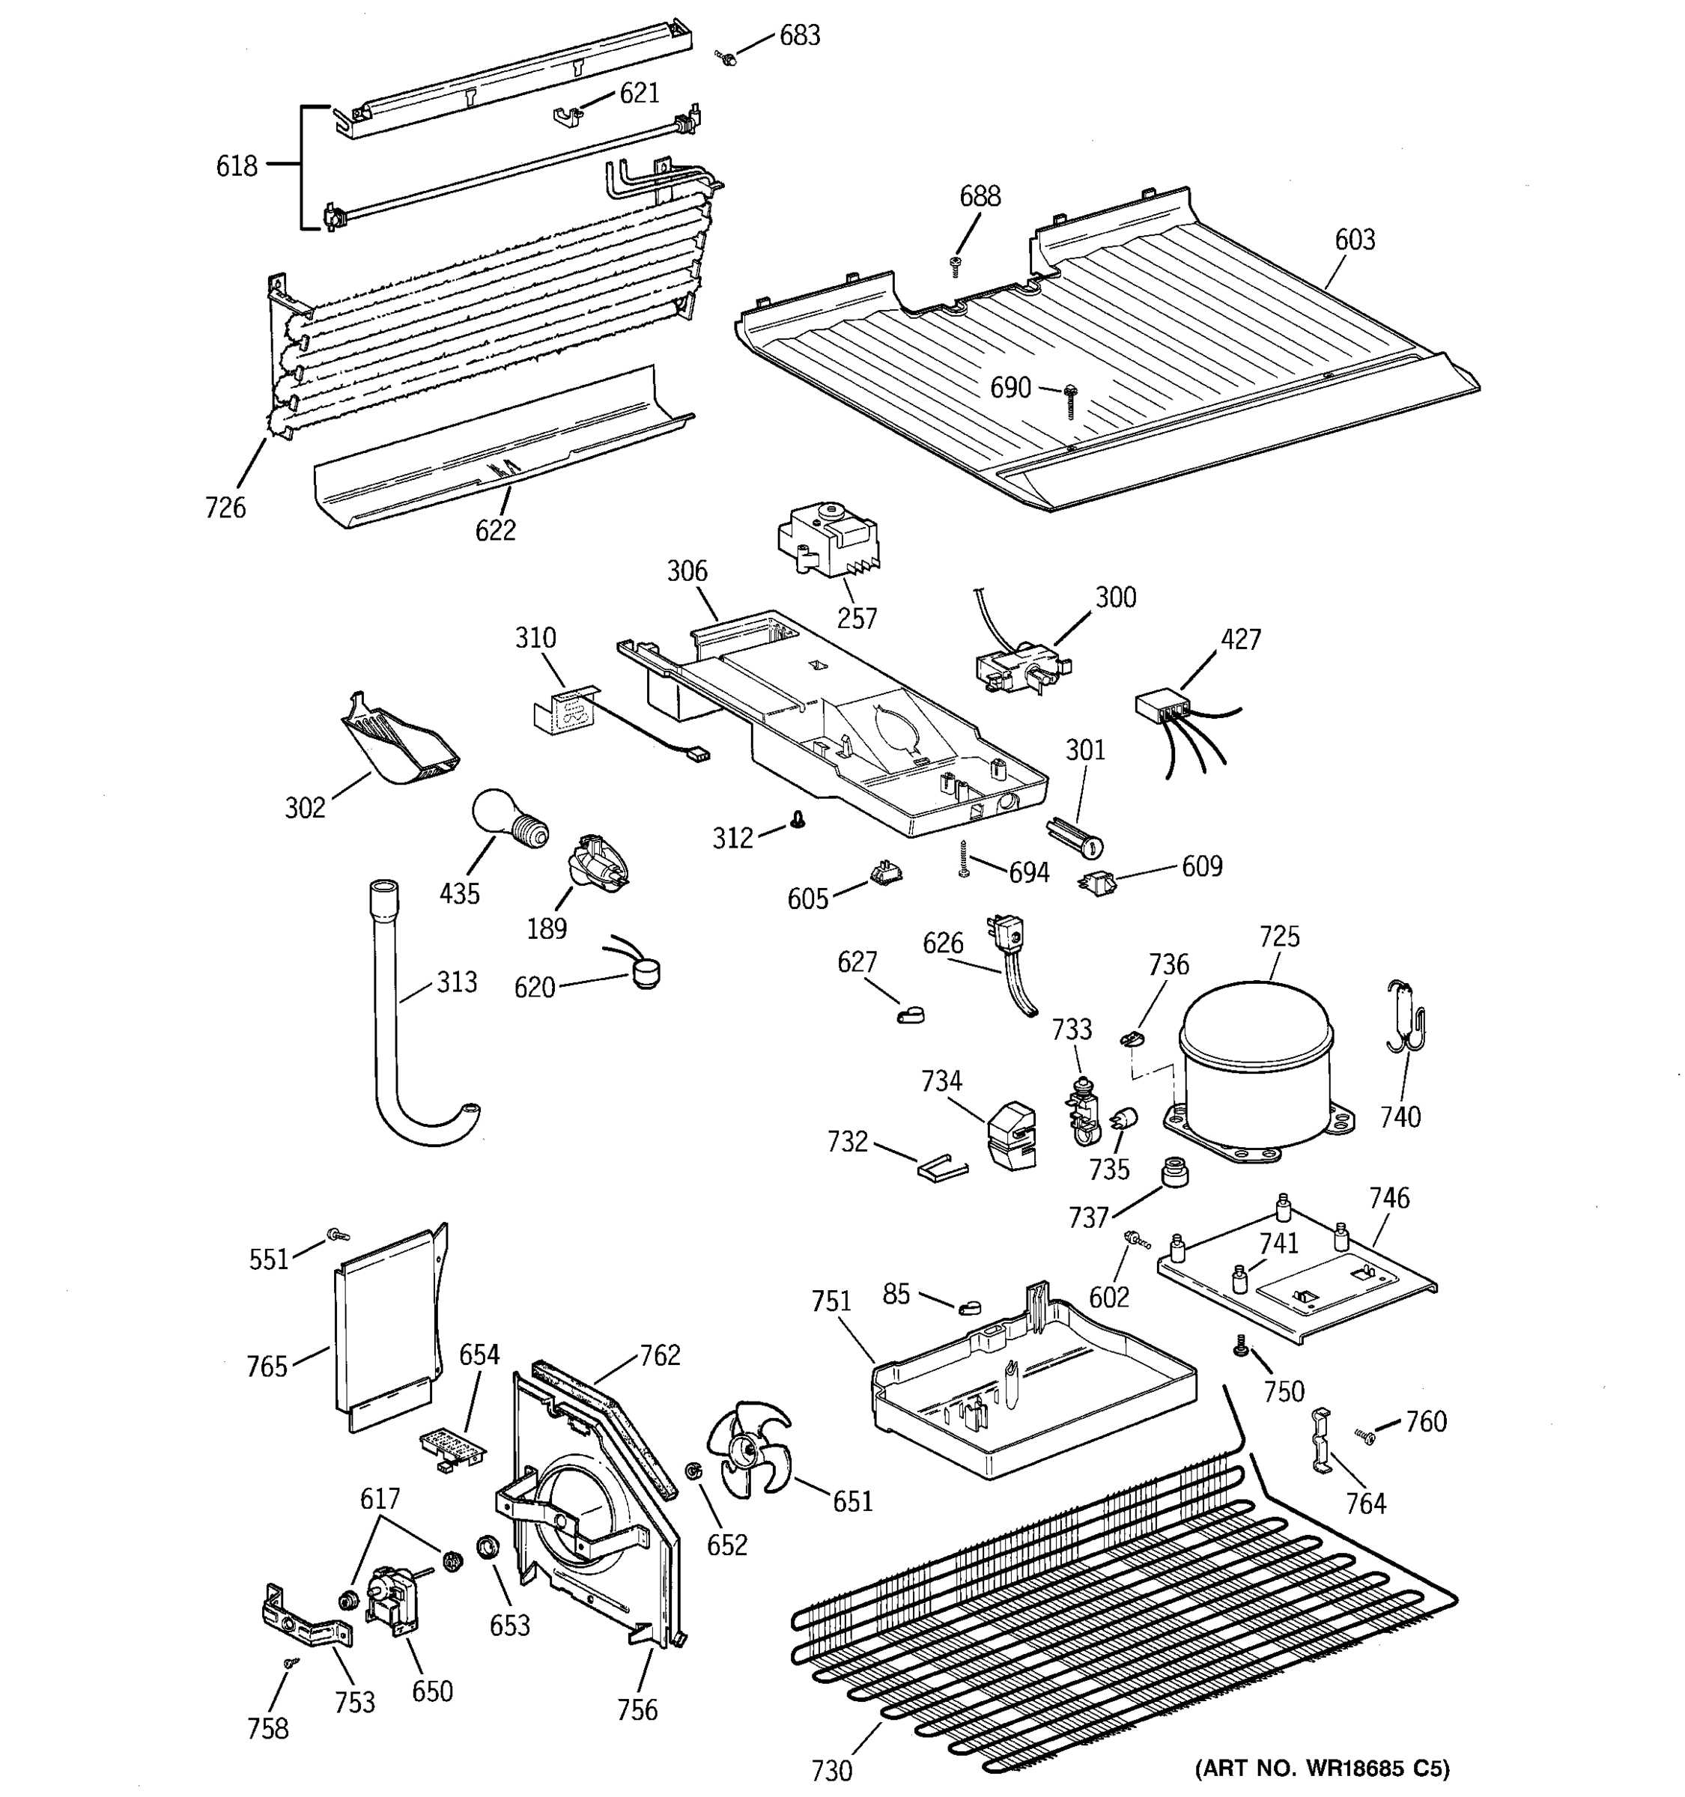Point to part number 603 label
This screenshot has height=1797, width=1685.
(1354, 240)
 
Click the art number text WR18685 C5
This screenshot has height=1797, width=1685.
(1322, 1768)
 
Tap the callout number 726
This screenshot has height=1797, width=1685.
(225, 508)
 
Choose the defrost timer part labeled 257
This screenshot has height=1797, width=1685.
(825, 541)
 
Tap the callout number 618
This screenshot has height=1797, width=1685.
(236, 166)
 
